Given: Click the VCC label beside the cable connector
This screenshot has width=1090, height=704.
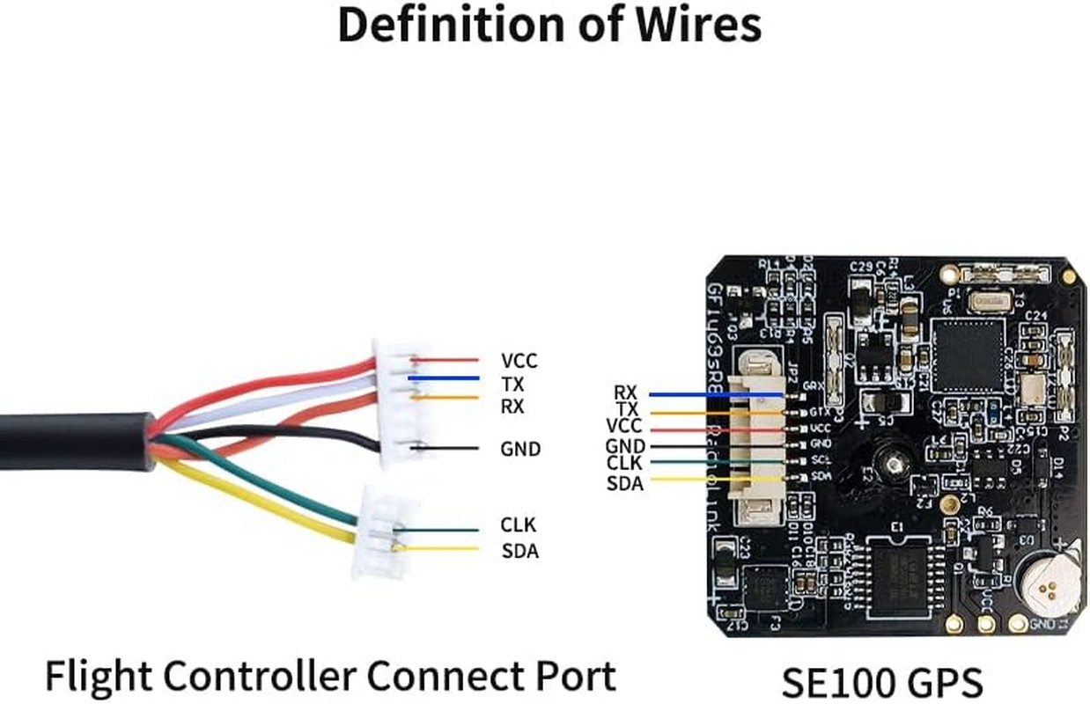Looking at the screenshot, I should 519,361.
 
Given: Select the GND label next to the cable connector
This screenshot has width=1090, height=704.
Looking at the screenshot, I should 519,449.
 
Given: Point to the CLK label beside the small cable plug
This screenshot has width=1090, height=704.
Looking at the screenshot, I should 518,525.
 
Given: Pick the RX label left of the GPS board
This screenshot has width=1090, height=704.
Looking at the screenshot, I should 625,392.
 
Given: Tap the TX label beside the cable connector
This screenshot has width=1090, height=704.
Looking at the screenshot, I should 512,385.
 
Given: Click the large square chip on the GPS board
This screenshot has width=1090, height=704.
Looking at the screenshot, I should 968,356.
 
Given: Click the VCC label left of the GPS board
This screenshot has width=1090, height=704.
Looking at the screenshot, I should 625,427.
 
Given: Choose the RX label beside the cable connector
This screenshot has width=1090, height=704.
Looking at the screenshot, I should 512,407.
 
